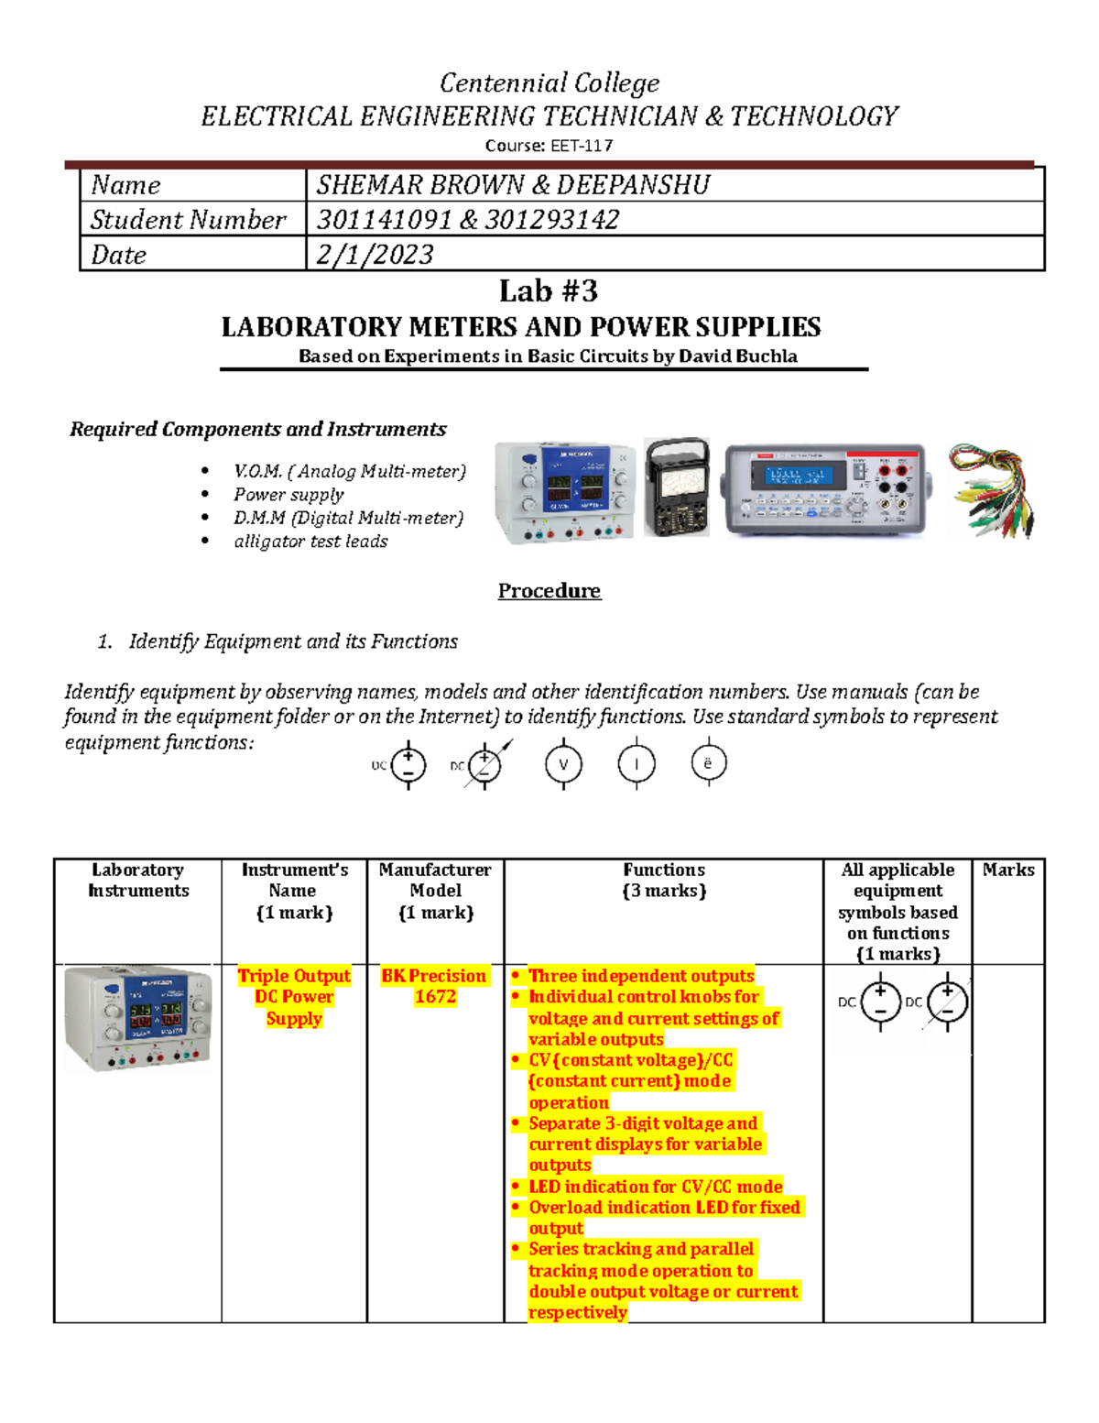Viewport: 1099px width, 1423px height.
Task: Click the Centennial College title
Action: (x=549, y=83)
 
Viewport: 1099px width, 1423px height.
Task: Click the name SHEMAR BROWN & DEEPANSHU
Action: (x=513, y=185)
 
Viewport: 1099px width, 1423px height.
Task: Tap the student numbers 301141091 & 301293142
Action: (x=467, y=220)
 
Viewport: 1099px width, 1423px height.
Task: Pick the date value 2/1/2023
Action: (x=374, y=255)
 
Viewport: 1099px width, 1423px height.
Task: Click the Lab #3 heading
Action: (x=548, y=291)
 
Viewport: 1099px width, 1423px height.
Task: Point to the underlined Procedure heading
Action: (x=549, y=591)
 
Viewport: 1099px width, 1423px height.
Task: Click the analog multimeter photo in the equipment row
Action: (x=676, y=487)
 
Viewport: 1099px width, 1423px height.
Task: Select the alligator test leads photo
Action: (x=992, y=491)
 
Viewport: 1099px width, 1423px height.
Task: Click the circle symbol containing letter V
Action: (x=563, y=764)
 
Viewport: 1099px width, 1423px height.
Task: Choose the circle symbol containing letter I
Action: (x=636, y=764)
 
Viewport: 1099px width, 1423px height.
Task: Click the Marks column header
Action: (x=1007, y=870)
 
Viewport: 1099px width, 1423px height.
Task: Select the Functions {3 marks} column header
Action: (x=663, y=881)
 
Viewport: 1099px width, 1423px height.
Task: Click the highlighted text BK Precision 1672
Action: (x=434, y=986)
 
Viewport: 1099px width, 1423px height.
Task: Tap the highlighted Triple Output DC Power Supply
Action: (x=293, y=997)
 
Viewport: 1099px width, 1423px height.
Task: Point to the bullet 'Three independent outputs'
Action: (x=641, y=976)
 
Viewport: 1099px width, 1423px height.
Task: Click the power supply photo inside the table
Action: (x=137, y=1018)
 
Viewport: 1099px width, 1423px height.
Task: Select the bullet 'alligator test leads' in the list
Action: (x=310, y=542)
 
